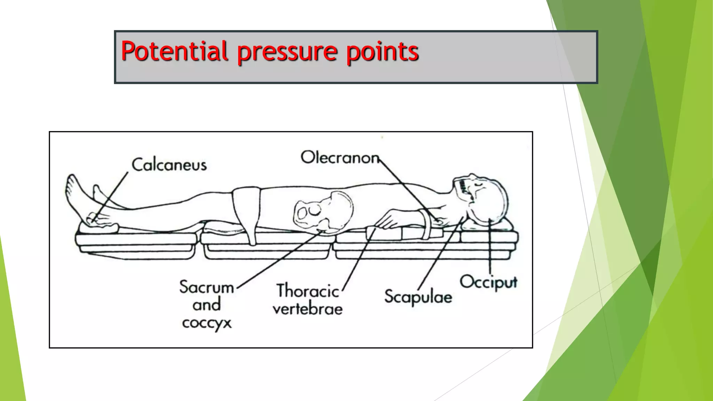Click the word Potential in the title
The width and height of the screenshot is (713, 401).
tap(174, 51)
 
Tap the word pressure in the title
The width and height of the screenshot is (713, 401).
tap(287, 52)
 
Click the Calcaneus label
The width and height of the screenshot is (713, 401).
tap(169, 165)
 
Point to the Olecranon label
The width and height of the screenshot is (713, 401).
tap(340, 158)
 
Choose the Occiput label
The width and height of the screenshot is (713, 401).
tap(488, 282)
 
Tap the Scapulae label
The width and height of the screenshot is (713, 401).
tap(418, 297)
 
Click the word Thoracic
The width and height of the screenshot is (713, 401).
tap(307, 291)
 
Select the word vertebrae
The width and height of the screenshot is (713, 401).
tap(307, 309)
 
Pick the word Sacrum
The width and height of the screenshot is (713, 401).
tap(206, 287)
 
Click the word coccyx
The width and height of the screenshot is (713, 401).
tap(206, 323)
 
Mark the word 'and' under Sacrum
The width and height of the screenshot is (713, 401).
tap(206, 305)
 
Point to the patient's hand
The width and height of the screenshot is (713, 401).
tap(390, 221)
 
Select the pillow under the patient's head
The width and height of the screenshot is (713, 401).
tap(487, 226)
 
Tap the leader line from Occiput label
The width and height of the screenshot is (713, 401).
tap(490, 251)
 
